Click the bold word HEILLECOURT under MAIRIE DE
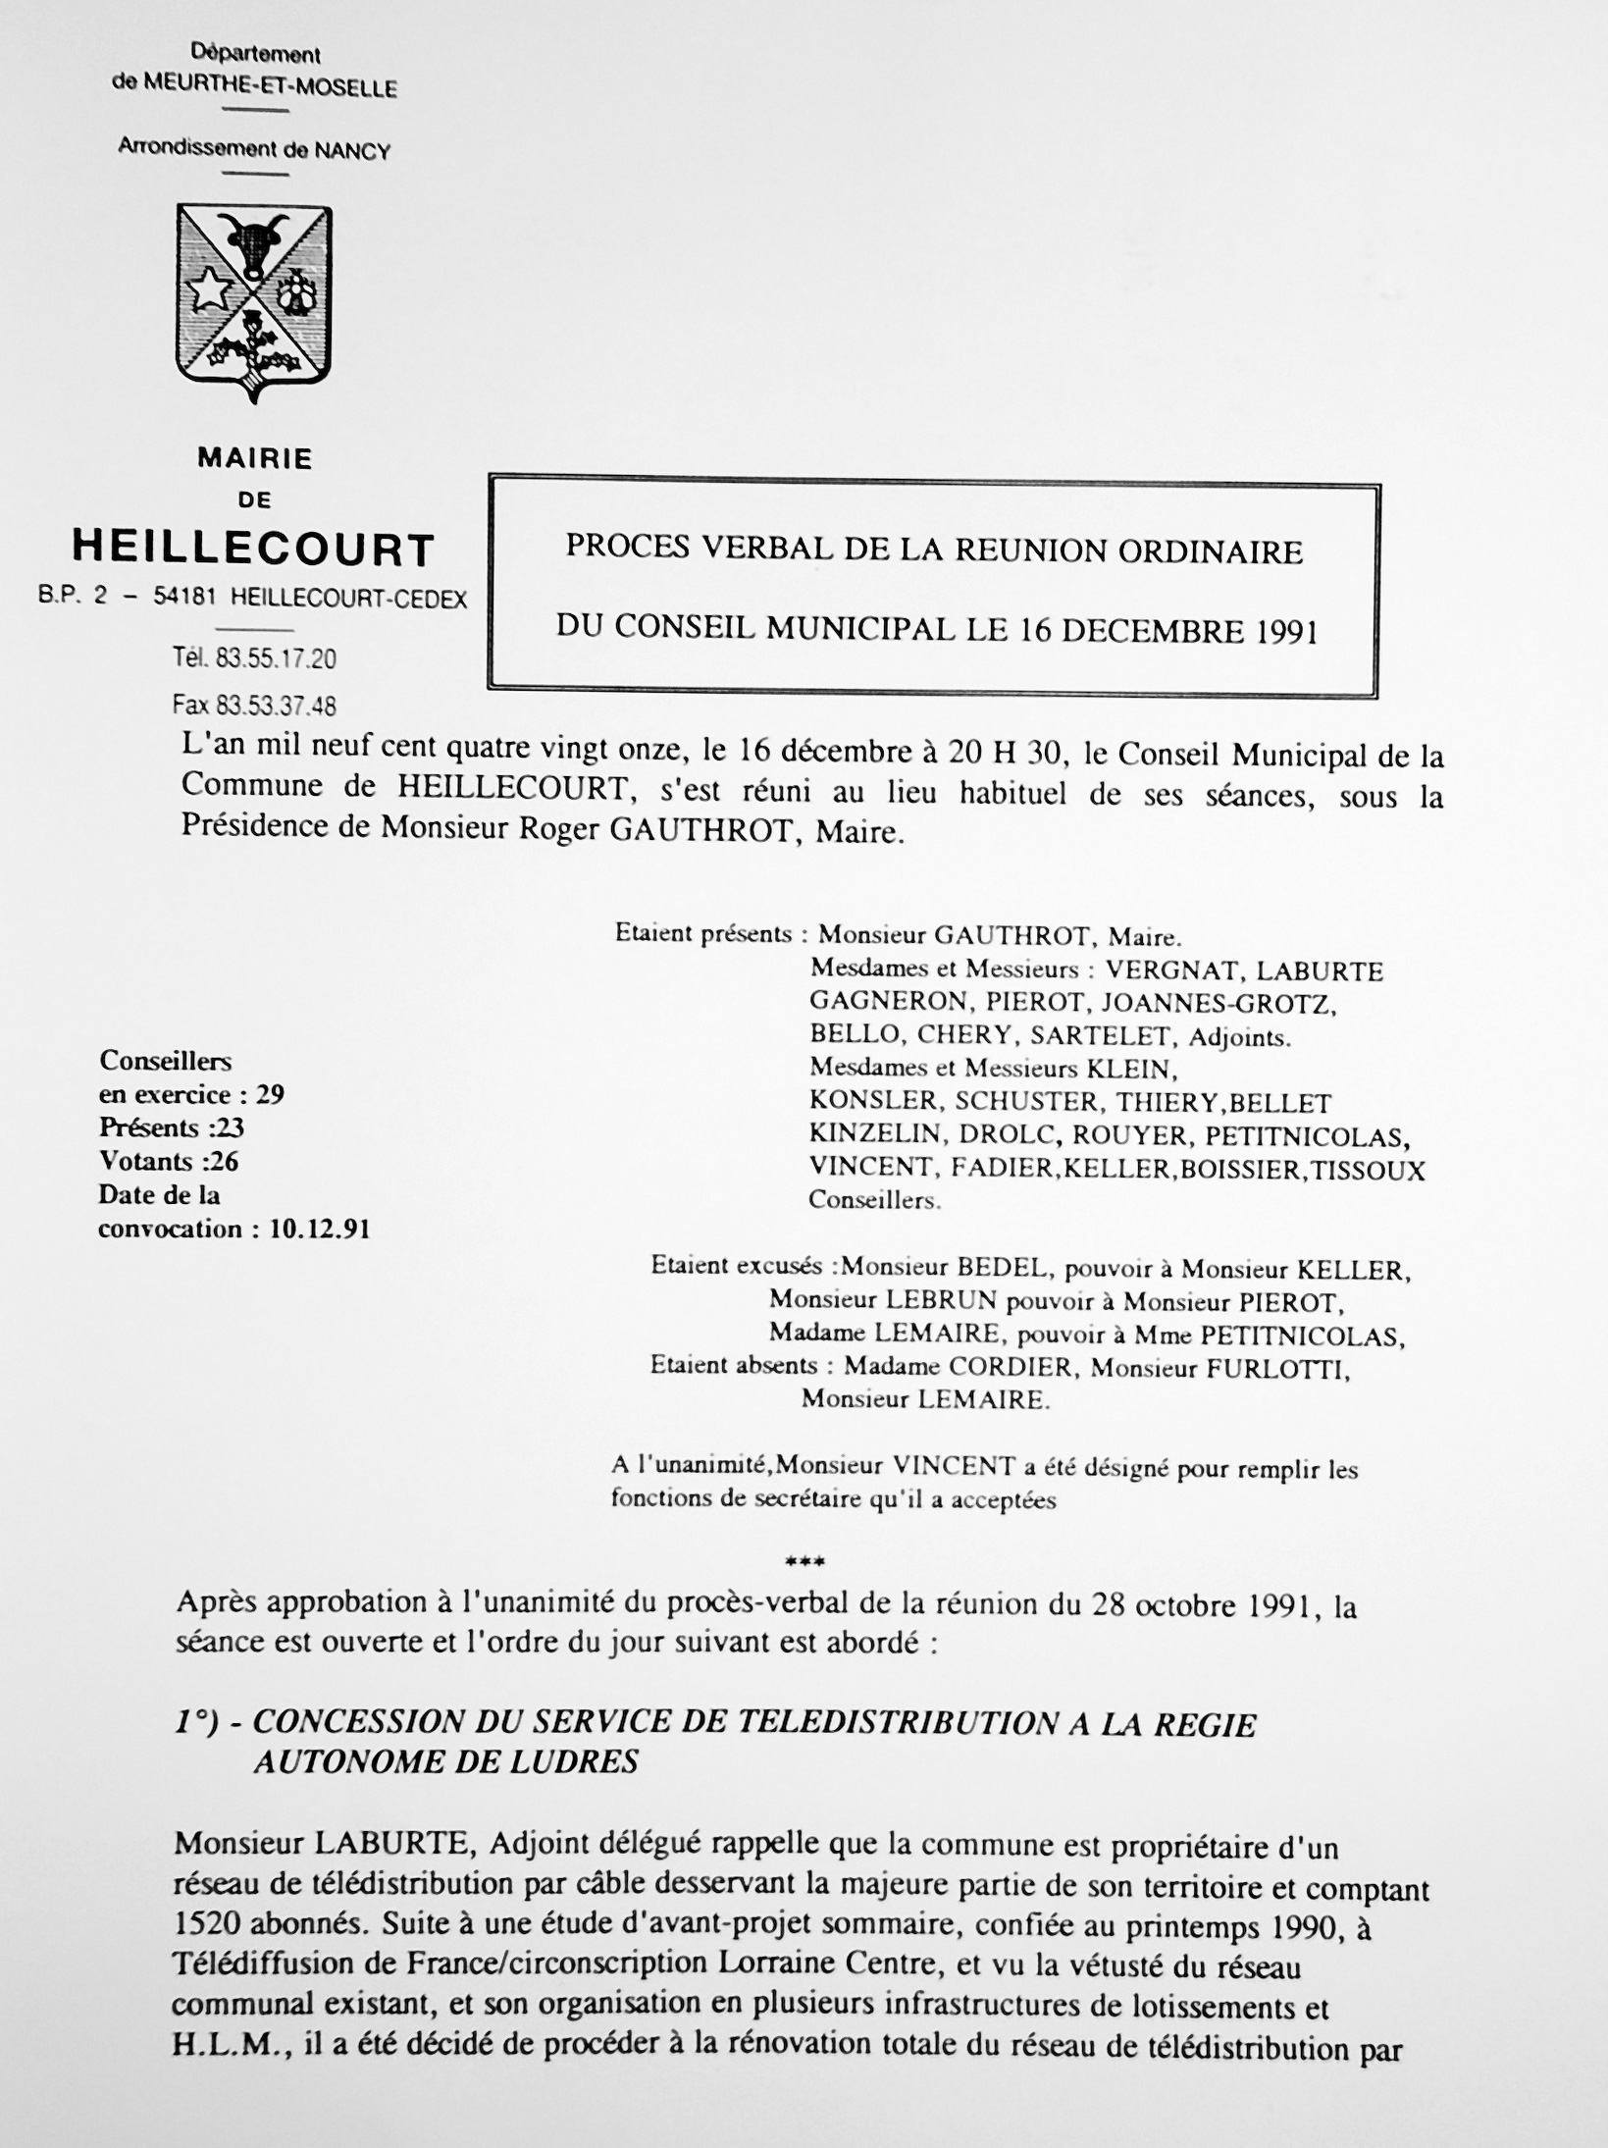click(254, 549)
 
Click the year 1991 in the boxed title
click(1284, 630)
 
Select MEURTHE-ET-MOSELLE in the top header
click(270, 88)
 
